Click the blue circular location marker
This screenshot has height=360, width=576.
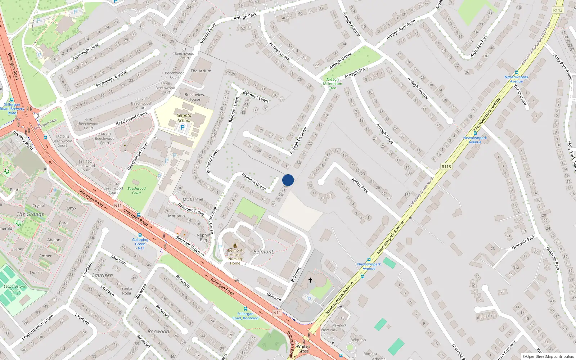pos(288,180)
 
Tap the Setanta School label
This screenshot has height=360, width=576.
pos(184,118)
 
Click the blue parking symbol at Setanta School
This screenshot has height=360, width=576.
pos(183,127)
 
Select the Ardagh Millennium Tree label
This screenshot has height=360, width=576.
pos(333,84)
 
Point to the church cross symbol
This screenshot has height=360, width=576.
pos(310,280)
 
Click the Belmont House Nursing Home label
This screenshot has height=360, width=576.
pos(235,257)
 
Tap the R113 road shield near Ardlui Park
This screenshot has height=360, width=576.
pos(446,166)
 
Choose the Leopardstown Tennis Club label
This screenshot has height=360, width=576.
pos(15,291)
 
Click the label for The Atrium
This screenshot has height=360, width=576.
pos(201,71)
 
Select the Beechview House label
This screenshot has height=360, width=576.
pos(194,97)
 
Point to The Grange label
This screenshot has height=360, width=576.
pos(31,214)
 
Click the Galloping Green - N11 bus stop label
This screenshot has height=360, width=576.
pos(140,244)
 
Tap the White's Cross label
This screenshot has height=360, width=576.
pos(303,349)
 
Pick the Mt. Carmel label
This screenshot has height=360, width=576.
pos(193,199)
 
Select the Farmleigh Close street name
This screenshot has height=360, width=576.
pos(86,52)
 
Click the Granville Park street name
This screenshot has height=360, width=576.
pos(523,242)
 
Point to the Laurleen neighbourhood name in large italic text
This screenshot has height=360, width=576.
pos(103,275)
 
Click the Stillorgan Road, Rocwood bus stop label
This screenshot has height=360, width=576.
pos(245,316)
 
